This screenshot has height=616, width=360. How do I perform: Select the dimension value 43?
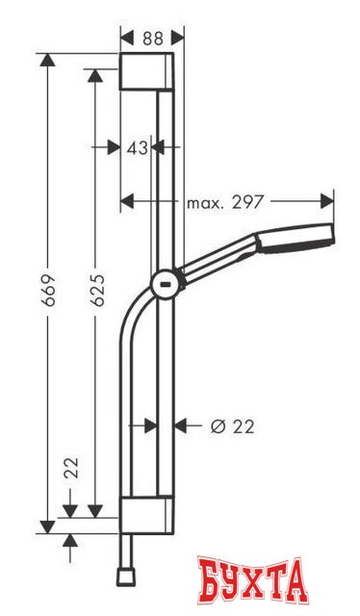(x=138, y=147)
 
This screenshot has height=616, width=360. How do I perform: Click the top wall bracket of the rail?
(x=146, y=73)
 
